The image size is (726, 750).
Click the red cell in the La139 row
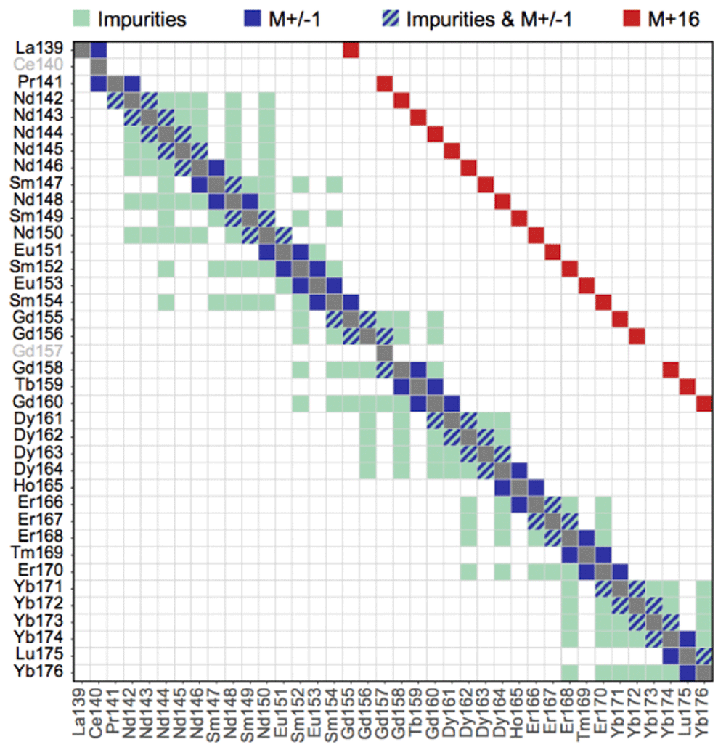click(x=351, y=49)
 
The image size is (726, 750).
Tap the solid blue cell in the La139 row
click(x=98, y=49)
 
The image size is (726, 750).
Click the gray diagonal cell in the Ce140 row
click(x=98, y=66)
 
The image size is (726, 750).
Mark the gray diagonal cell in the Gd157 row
click(x=384, y=352)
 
